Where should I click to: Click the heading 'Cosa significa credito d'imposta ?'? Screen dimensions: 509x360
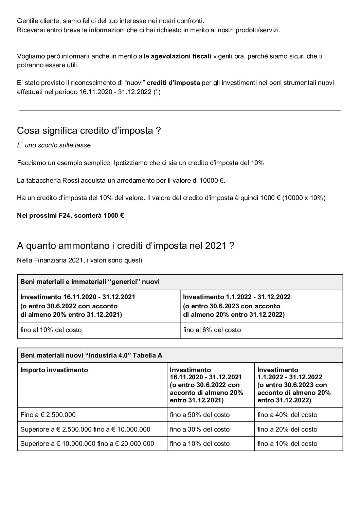(89, 131)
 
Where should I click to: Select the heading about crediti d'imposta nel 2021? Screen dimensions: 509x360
(125, 246)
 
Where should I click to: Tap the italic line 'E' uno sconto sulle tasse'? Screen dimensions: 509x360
(54, 145)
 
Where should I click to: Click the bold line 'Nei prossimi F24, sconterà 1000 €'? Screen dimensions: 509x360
(70, 216)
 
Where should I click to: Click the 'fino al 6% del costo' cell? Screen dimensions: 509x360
(212, 330)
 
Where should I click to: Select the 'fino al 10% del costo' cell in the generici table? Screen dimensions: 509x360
(51, 330)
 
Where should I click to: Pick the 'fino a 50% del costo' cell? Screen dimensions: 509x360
(200, 415)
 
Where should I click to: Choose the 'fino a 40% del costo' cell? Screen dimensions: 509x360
(287, 415)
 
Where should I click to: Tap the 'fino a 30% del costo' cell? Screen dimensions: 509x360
(200, 430)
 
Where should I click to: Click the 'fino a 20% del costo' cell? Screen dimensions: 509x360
(287, 430)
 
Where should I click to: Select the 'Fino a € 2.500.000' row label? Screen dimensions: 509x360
(48, 415)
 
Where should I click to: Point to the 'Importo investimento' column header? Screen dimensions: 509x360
(54, 370)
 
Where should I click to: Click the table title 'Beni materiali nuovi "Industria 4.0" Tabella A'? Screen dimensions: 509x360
(91, 356)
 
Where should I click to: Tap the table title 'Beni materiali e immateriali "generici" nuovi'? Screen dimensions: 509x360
(90, 282)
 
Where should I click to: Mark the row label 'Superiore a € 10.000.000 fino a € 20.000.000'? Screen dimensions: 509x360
(87, 444)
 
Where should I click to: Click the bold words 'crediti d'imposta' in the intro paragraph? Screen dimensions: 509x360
(173, 83)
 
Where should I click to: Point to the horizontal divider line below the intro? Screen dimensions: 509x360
(180, 110)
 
